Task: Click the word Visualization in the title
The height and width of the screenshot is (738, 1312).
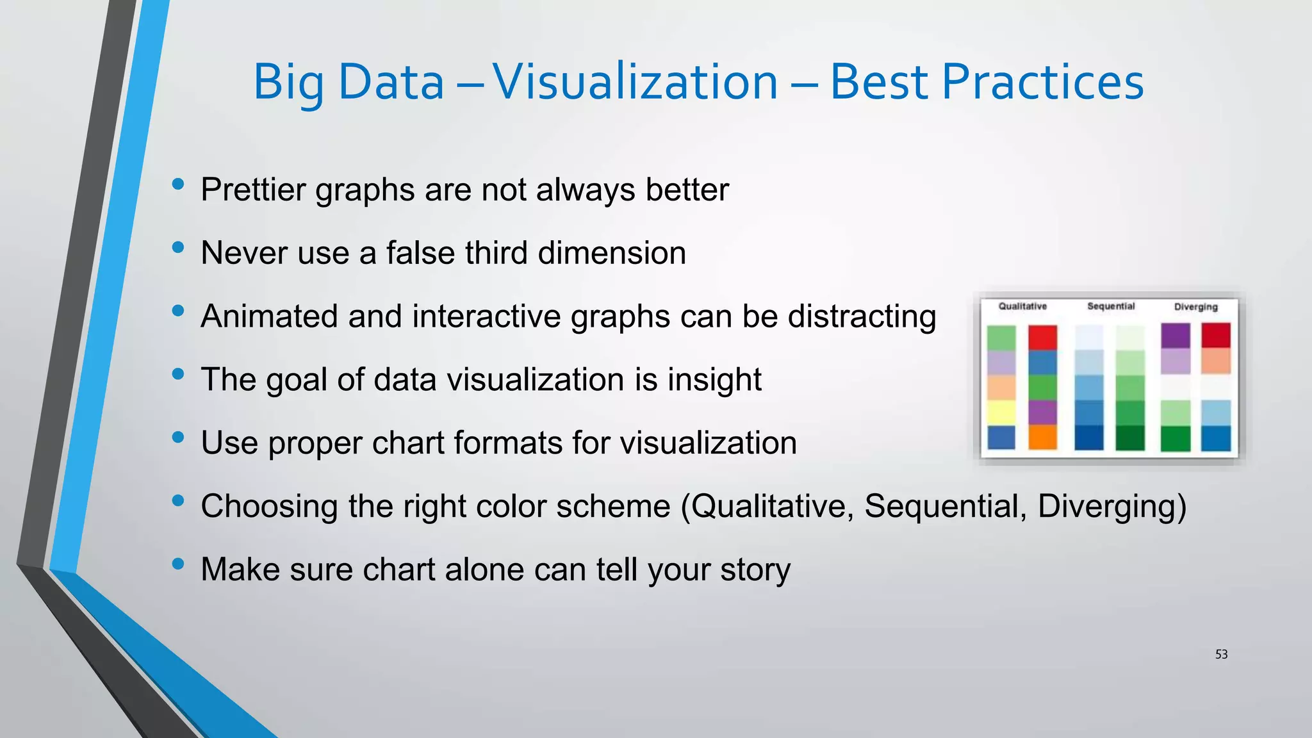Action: tap(634, 82)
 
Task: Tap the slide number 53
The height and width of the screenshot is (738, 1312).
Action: tap(1221, 654)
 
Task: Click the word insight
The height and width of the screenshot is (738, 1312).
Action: tap(714, 379)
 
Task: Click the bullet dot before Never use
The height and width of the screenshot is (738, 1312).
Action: tap(178, 247)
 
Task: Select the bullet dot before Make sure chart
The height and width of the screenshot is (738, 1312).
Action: tap(178, 564)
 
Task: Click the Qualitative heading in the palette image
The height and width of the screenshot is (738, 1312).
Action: tap(1022, 306)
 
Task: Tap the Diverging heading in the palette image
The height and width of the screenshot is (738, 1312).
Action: tap(1195, 307)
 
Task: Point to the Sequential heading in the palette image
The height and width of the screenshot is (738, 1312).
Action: tap(1111, 306)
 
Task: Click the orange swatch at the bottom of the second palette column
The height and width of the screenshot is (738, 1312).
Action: tap(1042, 437)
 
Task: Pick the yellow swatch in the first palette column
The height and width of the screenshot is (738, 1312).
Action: tap(1001, 413)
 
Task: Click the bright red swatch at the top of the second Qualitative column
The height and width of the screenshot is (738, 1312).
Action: tap(1042, 338)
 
